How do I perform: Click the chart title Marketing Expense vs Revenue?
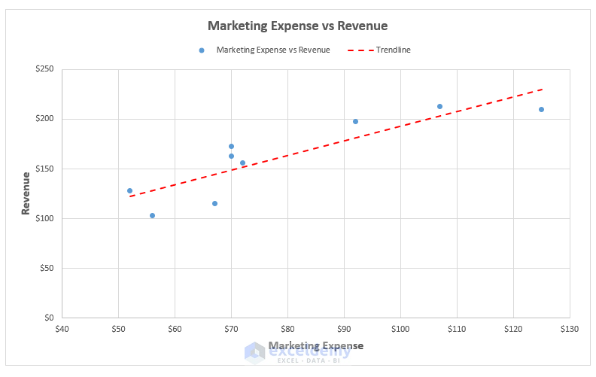click(297, 26)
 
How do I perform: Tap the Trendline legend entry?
click(393, 50)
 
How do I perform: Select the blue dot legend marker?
click(202, 50)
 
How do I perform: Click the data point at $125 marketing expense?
click(541, 109)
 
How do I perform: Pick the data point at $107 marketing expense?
click(439, 106)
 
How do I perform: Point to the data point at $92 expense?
click(355, 121)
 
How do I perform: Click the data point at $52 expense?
click(129, 190)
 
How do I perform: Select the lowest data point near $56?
click(152, 215)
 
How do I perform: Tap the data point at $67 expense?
click(214, 203)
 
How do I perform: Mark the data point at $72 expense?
click(242, 163)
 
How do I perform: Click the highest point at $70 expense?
click(231, 146)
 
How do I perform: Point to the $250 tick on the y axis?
click(44, 69)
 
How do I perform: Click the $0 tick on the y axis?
click(49, 318)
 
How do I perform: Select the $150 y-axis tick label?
click(44, 169)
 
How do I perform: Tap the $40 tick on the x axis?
click(62, 329)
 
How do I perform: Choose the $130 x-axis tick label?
click(570, 329)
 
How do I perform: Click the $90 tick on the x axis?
click(344, 329)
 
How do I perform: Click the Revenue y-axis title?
click(26, 193)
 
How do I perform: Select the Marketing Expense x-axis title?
click(315, 345)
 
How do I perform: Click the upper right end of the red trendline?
click(542, 89)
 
